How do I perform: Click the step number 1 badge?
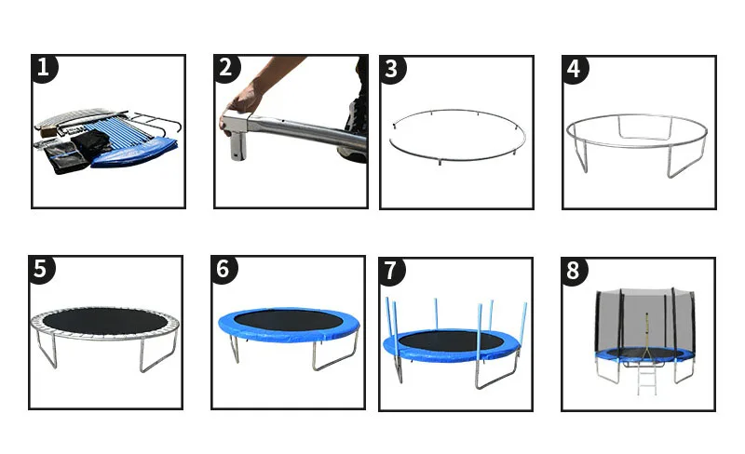click(x=44, y=69)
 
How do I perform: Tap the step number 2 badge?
click(x=226, y=69)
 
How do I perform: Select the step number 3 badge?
click(x=392, y=70)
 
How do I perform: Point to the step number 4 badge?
click(x=575, y=70)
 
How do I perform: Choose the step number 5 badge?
click(x=41, y=270)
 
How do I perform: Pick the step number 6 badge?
click(x=223, y=270)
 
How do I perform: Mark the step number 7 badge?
click(x=391, y=272)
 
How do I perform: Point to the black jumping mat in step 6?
click(x=288, y=321)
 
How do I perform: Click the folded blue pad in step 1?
click(x=135, y=152)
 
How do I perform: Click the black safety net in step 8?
click(x=644, y=324)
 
